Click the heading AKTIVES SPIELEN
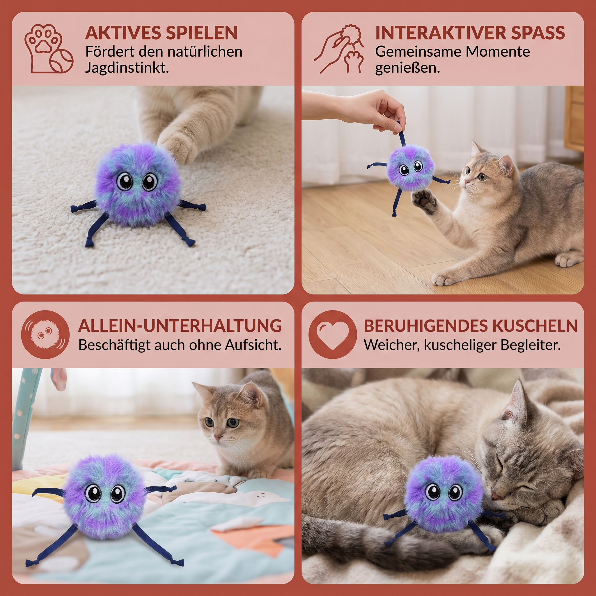(161, 33)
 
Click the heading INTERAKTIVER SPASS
(470, 33)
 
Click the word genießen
(407, 68)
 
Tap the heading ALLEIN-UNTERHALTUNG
(180, 326)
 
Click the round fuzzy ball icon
(45, 334)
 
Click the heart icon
(333, 334)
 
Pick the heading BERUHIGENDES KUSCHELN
(471, 326)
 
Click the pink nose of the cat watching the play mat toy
(218, 438)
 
